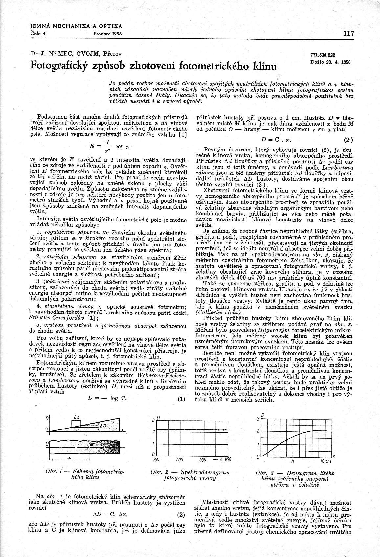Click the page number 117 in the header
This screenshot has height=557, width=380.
click(x=348, y=33)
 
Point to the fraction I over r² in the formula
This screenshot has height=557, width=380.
click(x=107, y=146)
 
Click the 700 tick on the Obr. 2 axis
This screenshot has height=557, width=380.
click(x=156, y=459)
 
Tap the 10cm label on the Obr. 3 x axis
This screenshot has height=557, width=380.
click(x=326, y=461)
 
